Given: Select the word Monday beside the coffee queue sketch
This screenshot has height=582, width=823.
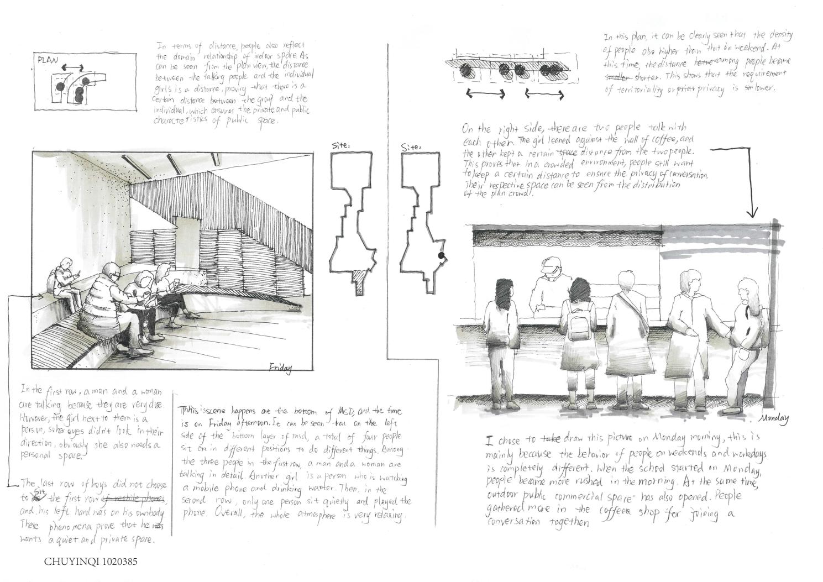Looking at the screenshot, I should click(774, 418).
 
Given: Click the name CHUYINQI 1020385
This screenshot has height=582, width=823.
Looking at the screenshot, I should click(91, 562).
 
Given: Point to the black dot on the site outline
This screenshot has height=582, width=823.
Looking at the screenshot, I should click(441, 256).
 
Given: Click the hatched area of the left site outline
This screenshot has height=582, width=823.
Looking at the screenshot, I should click(360, 276).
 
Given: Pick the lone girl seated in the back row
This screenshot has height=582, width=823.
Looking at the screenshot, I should click(62, 280).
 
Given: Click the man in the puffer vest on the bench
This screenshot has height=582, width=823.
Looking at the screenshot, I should click(108, 304).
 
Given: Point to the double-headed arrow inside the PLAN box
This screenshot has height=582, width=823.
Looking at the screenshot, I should click(72, 68).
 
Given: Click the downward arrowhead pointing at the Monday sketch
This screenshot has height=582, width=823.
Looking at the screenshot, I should click(752, 212).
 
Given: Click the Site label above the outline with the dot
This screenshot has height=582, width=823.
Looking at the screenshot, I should click(410, 147).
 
